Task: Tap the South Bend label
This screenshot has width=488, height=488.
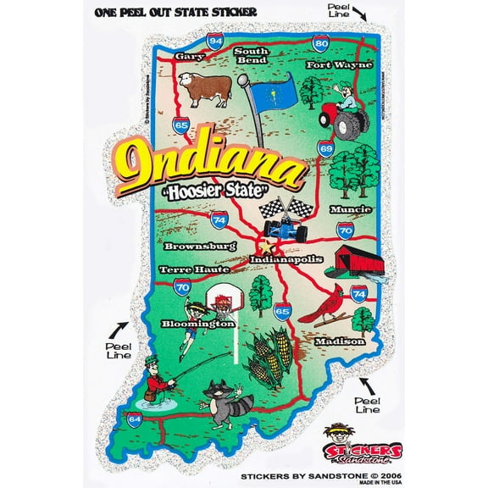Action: click(251, 56)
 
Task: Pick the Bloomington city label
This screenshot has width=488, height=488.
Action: click(203, 324)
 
